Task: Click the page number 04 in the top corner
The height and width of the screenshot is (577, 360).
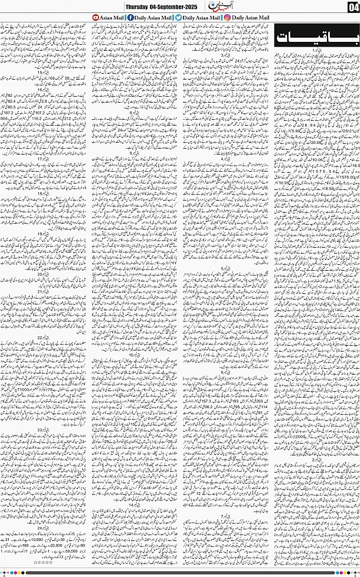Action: [x=352, y=6]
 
